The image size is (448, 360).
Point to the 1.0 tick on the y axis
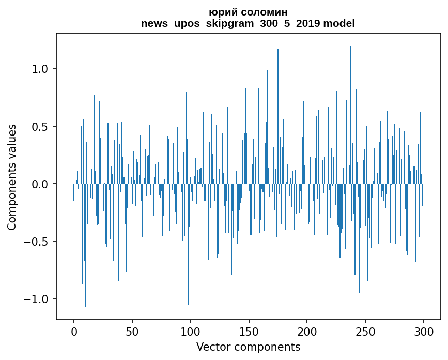[x=40, y=69]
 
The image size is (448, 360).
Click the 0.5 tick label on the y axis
[x=40, y=127]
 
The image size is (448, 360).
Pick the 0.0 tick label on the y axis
[x=40, y=184]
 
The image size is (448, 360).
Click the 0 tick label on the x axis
[x=74, y=331]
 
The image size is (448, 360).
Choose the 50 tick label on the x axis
[x=132, y=331]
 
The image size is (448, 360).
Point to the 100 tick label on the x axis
[x=191, y=331]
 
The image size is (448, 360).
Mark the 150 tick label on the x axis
[x=249, y=331]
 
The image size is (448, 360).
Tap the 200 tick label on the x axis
[x=307, y=331]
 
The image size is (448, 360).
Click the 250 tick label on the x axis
[x=365, y=331]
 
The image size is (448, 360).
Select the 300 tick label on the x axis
[x=424, y=331]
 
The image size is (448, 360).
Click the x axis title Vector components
[x=248, y=347]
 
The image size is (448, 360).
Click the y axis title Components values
[x=12, y=177]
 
